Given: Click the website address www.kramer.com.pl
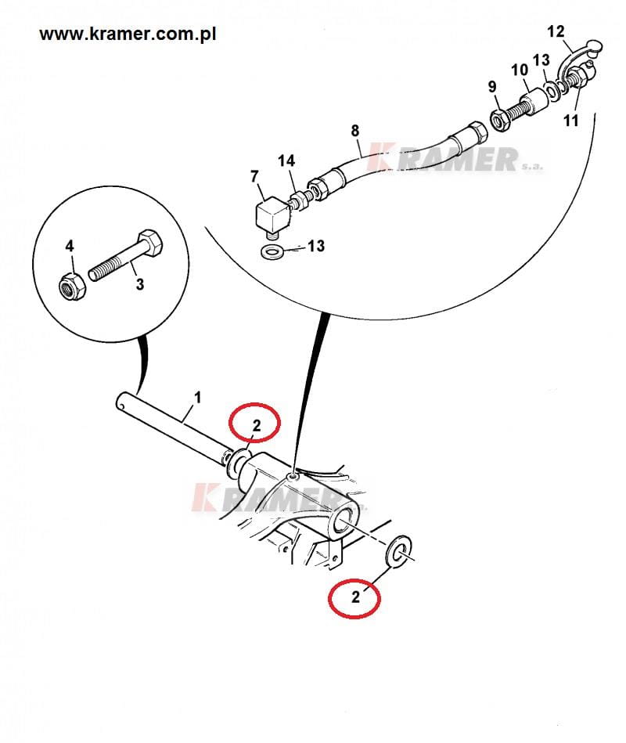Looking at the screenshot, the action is coord(128,34).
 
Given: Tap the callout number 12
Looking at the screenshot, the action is coord(556,31).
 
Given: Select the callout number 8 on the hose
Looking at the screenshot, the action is coord(355,130).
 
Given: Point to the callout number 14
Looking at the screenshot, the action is coord(286,161).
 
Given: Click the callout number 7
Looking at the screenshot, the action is coord(254,176).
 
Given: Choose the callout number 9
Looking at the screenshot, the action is coord(492,87).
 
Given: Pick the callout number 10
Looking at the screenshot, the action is coord(520,70).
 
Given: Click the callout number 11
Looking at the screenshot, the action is coord(570,121).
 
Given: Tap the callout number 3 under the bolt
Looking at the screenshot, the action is coord(140,284).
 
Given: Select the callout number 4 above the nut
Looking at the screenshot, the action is coord(70,246).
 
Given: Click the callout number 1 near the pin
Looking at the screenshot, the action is coord(198,397).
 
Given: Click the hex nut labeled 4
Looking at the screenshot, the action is coord(73,286).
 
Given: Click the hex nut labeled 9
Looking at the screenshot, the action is coord(499,121).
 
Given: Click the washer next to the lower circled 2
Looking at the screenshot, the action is coord(399,550).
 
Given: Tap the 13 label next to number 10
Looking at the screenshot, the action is coord(541,60).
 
